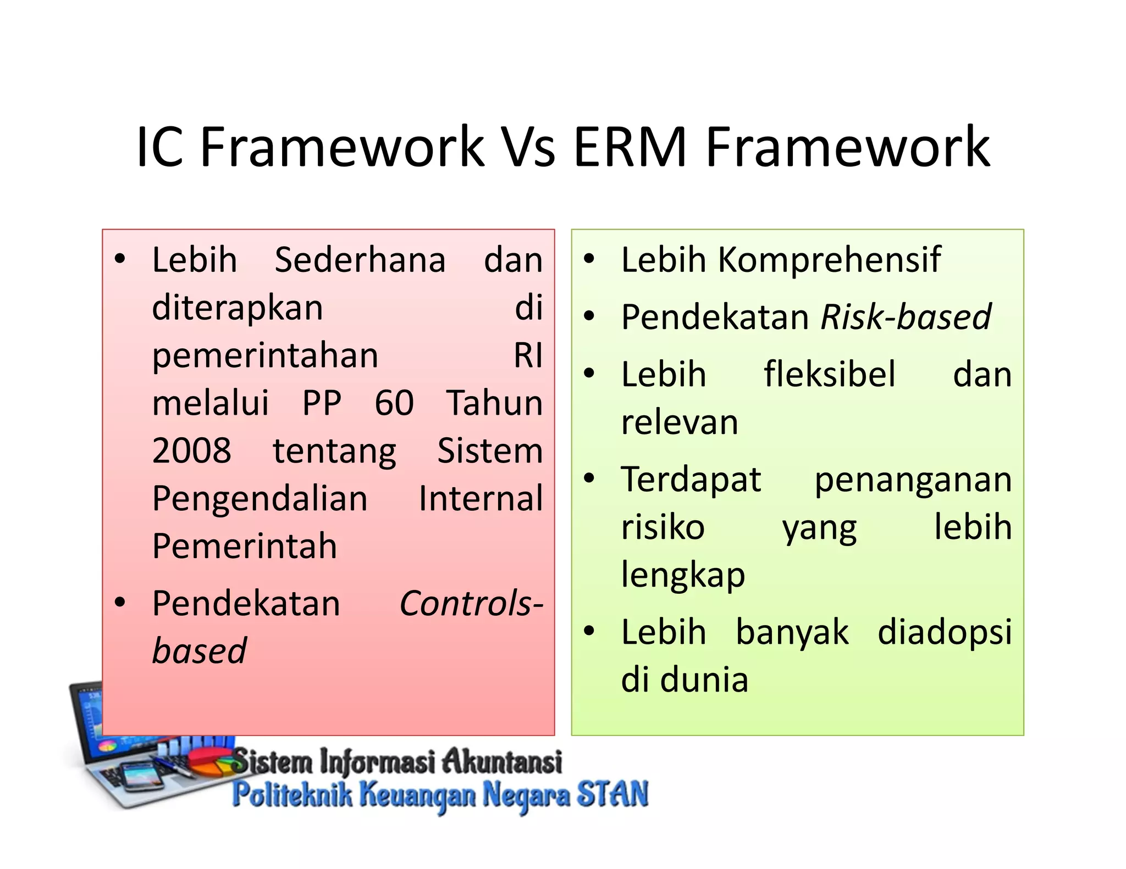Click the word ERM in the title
630,147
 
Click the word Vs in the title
530,147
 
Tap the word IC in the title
159,147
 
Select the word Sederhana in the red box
360,260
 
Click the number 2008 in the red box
191,451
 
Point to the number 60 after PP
394,403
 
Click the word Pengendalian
260,499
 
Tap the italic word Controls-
471,604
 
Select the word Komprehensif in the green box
830,260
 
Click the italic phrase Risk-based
906,317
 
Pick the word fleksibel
830,375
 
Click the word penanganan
913,480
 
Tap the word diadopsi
944,632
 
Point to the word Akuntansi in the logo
502,762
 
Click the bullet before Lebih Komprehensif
589,259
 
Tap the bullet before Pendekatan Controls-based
120,603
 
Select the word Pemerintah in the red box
245,547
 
